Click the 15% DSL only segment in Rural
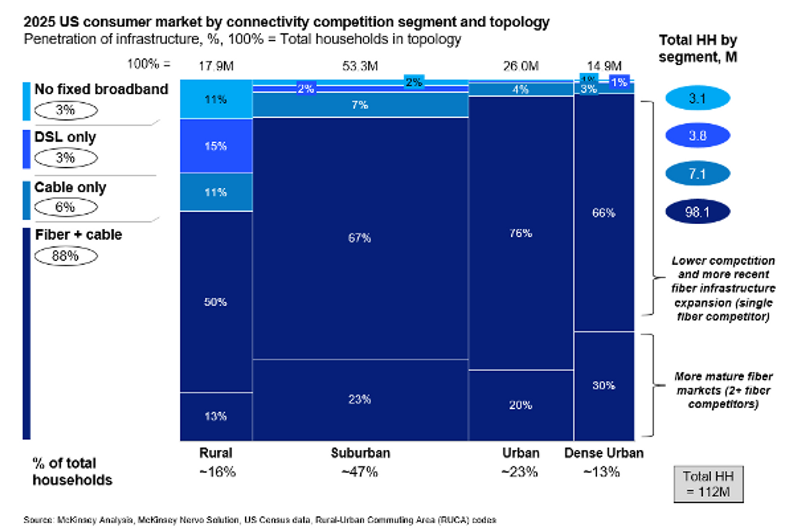coord(216,146)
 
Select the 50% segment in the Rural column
coord(216,302)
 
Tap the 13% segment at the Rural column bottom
coord(216,416)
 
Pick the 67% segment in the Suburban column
coord(360,238)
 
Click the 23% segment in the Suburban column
coord(360,399)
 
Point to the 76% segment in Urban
coord(520,233)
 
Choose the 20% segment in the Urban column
coord(520,405)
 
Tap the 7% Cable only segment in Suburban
coord(360,105)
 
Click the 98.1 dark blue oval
coord(697,212)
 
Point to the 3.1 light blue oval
coord(697,98)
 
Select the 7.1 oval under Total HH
coord(697,174)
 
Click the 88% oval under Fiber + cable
coord(66,256)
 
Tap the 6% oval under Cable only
coord(66,207)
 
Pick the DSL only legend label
coord(65,137)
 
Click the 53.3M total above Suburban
coord(360,66)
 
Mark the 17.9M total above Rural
coord(216,66)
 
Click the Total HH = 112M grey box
coord(708,484)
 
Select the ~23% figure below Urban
coord(520,472)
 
